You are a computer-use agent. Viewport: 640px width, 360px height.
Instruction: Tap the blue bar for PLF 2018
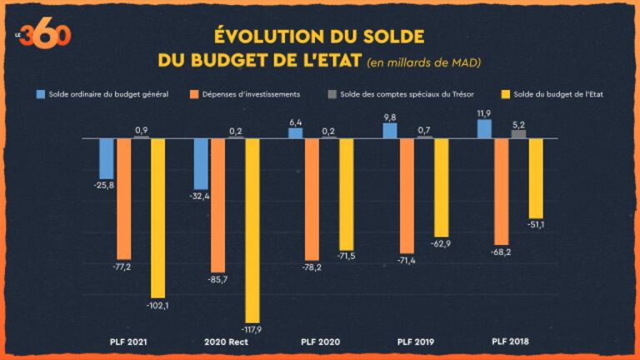484,129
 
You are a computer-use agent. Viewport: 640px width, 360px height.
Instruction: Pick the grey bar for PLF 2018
518,133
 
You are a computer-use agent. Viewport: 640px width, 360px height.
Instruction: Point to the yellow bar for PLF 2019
441,187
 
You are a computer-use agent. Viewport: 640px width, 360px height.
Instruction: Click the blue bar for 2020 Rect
201,163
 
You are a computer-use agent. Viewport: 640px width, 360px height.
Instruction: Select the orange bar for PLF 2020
312,199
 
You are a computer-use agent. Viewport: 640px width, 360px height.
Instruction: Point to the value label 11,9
484,112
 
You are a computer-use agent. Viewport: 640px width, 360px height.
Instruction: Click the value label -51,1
536,225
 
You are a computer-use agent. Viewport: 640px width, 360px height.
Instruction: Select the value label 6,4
295,122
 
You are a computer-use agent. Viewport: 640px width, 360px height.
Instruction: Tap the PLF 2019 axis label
415,342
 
